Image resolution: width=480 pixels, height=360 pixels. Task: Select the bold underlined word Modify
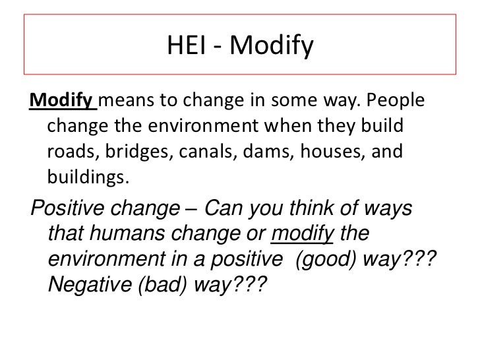[61, 103]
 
